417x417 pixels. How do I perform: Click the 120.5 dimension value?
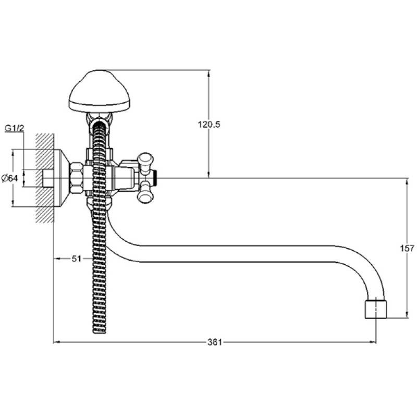pyautogui.click(x=209, y=124)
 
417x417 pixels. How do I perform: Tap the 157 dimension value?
pyautogui.click(x=407, y=249)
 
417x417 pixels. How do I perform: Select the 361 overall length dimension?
pyautogui.click(x=214, y=342)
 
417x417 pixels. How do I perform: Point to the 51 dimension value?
pyautogui.click(x=76, y=259)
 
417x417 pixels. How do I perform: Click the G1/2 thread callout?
pyautogui.click(x=15, y=128)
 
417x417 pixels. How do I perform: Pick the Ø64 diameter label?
pyautogui.click(x=9, y=178)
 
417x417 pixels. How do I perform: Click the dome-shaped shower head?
pyautogui.click(x=100, y=91)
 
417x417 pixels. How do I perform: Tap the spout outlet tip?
pyautogui.click(x=375, y=309)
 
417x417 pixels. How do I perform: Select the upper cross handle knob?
pyautogui.click(x=145, y=162)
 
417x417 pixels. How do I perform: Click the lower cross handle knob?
pyautogui.click(x=145, y=193)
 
